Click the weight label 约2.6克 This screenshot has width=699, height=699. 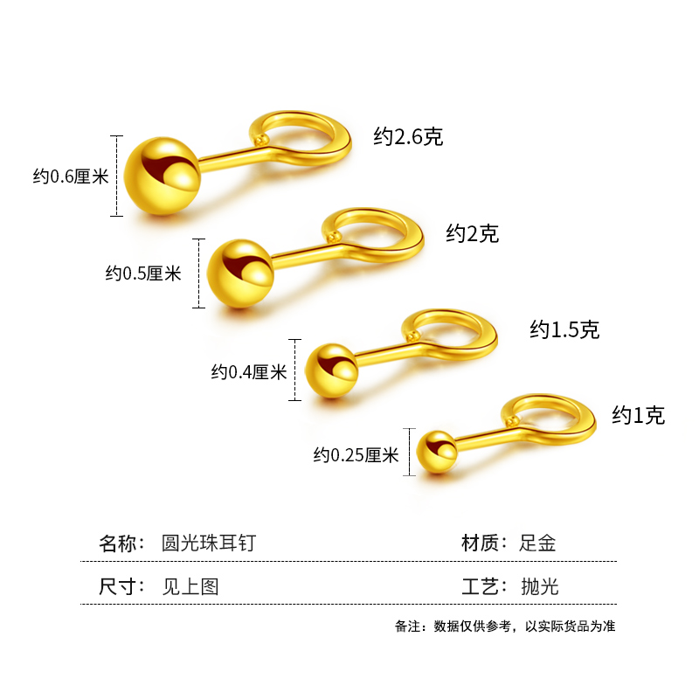point(408,137)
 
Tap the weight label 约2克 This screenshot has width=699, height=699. point(472,233)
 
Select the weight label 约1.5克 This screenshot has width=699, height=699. point(564,329)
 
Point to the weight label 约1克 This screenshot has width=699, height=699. point(638,415)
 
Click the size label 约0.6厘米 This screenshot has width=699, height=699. point(71,176)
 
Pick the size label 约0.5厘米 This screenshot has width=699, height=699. point(143,273)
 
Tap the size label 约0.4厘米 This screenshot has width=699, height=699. point(249,372)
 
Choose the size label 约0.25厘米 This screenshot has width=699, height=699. point(356,454)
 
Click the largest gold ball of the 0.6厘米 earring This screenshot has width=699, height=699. point(163,176)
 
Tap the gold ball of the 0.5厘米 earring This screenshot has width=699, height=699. point(241,273)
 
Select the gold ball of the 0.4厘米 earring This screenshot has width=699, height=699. point(332,371)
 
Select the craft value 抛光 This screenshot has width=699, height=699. point(538,586)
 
